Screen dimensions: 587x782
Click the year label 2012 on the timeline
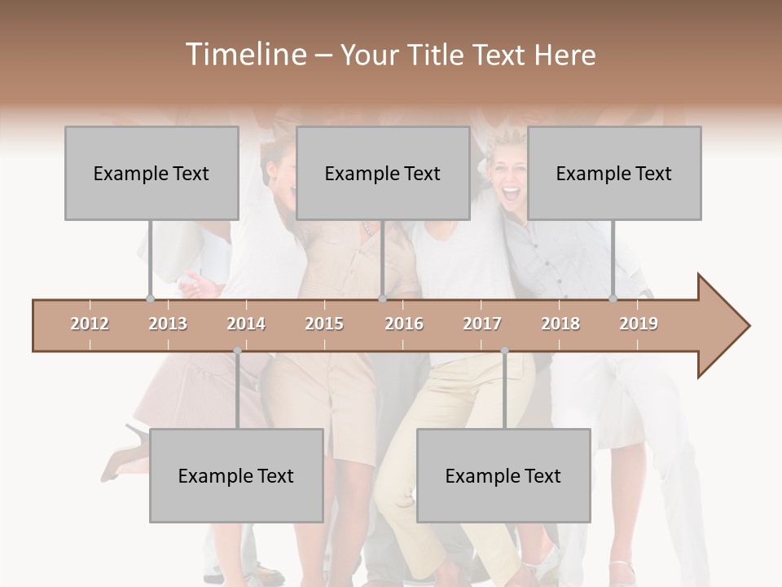[90, 324]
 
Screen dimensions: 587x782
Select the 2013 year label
[168, 324]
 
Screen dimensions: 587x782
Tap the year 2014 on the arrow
[246, 324]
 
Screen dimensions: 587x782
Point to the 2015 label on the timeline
[324, 324]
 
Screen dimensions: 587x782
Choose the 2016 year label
[404, 324]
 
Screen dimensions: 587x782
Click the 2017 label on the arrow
[482, 324]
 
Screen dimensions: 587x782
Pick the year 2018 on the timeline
[560, 324]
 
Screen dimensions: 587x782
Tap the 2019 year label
[639, 324]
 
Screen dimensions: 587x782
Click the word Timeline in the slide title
[244, 55]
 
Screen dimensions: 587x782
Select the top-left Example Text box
[152, 173]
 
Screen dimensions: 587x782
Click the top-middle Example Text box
[383, 173]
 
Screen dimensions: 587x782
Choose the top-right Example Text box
[614, 173]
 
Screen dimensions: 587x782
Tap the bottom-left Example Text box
[236, 475]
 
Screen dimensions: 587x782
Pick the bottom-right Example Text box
[503, 475]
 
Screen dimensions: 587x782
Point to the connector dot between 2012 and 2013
[150, 299]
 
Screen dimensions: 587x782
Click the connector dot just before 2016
[383, 299]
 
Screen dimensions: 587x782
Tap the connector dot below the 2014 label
[237, 351]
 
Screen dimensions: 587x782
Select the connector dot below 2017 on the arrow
[504, 351]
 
